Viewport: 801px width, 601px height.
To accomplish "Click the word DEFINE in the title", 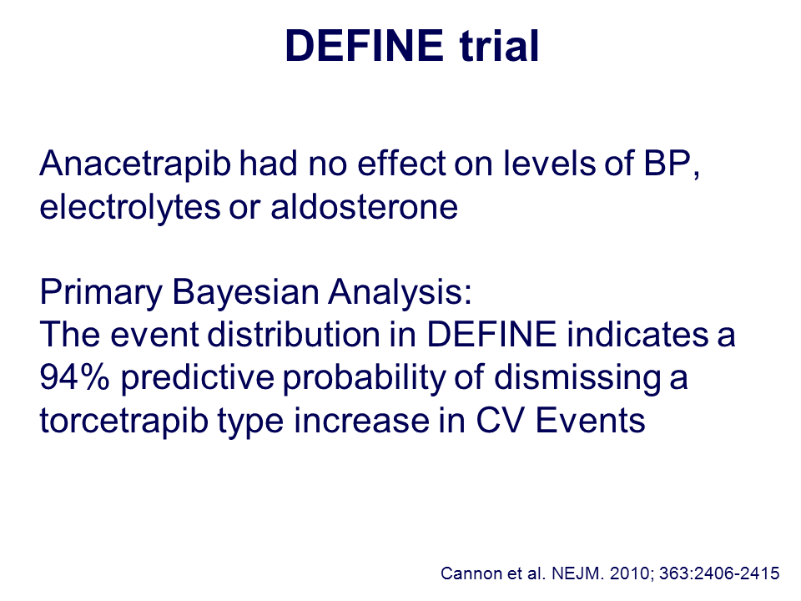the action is click(x=365, y=46).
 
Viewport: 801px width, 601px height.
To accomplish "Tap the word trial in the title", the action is click(x=499, y=46).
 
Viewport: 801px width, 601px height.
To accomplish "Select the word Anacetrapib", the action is click(x=135, y=164).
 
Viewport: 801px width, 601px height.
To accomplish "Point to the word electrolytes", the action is click(x=130, y=207).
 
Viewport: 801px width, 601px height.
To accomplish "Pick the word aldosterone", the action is click(x=365, y=207).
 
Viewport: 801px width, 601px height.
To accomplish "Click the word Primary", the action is click(x=101, y=292).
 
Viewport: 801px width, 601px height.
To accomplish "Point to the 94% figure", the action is click(x=74, y=377).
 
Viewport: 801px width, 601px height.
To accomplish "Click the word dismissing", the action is click(x=577, y=379).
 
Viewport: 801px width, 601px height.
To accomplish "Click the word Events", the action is click(x=591, y=421).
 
